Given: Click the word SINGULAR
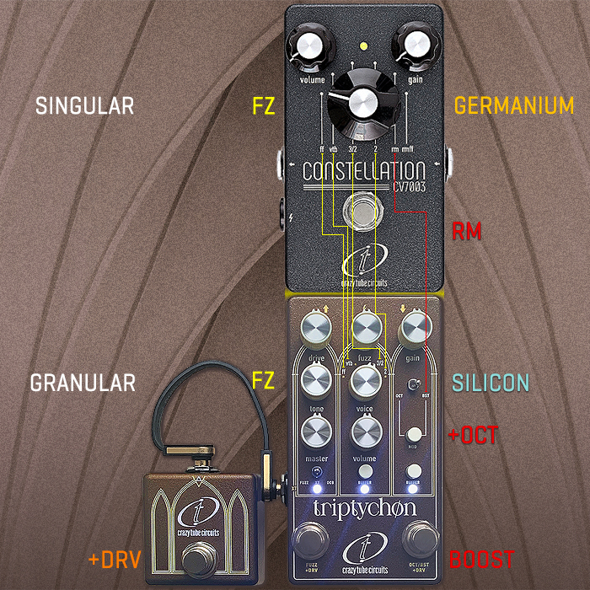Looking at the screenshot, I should point(84,105).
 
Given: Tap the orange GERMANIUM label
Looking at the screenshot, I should point(514,105).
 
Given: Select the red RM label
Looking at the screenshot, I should point(467,231).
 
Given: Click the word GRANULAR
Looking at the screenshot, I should point(83,383).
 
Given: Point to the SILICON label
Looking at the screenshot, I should point(491,383).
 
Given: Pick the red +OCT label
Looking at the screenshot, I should point(473,436).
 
